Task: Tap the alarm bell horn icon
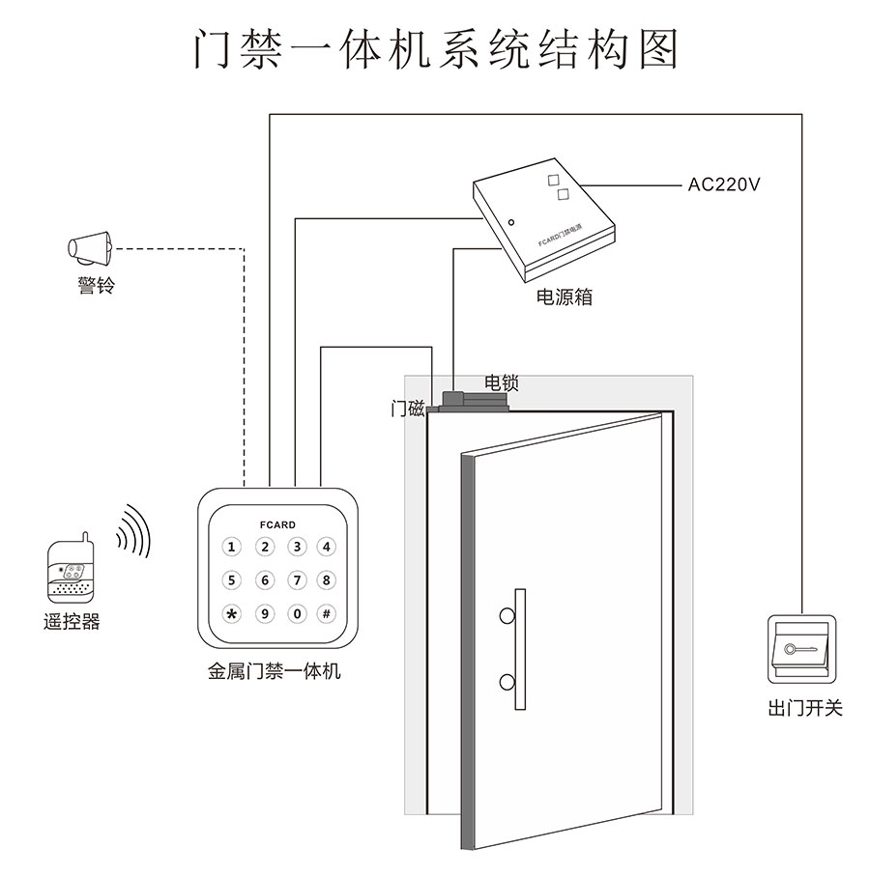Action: (x=91, y=247)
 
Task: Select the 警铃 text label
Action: (x=96, y=287)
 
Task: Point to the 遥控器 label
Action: (x=72, y=622)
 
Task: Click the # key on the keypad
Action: (x=327, y=613)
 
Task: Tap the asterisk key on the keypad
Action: (x=231, y=613)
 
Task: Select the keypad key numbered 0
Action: (x=297, y=613)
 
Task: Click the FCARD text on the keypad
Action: (x=278, y=524)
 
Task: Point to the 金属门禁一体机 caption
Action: (x=275, y=671)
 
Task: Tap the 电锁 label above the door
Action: (x=501, y=382)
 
